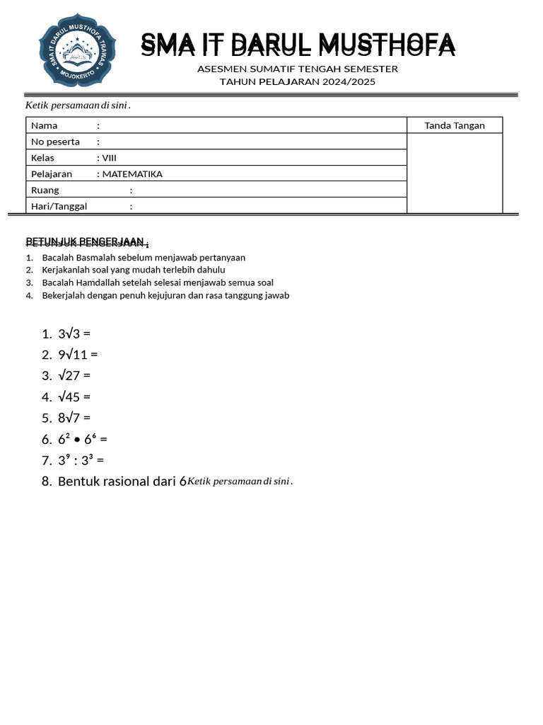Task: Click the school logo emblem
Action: point(74,55)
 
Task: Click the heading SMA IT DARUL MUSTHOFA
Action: point(298,45)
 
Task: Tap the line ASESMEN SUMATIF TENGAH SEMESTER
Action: point(298,69)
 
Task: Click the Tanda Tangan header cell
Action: point(455,125)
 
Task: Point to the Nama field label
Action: point(45,125)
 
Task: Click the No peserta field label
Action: point(55,142)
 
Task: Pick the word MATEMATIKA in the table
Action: point(132,174)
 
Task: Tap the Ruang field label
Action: point(45,190)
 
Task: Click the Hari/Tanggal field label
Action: point(59,207)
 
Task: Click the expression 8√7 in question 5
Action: point(69,418)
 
